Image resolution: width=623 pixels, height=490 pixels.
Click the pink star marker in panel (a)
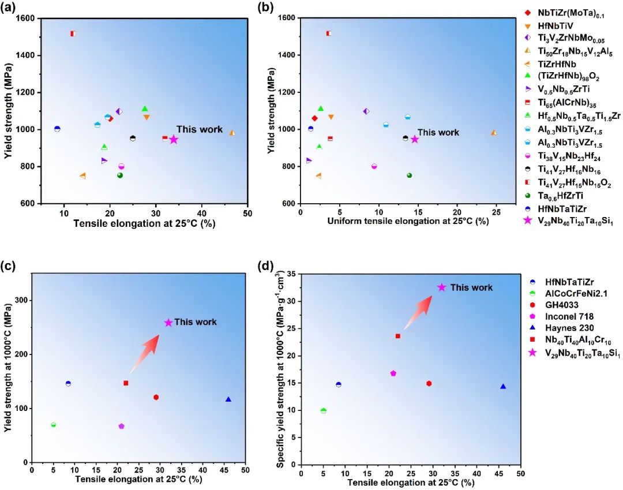[174, 139]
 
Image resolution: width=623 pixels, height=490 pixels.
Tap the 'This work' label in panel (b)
[438, 132]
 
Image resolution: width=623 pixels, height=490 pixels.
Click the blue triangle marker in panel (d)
[503, 387]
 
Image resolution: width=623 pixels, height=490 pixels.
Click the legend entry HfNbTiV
[554, 25]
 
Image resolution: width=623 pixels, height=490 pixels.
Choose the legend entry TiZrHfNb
[555, 65]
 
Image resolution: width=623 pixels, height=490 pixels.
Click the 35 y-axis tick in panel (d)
[291, 274]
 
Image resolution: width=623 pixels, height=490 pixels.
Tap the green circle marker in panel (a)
[120, 175]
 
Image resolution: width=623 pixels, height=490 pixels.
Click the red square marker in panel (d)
[398, 336]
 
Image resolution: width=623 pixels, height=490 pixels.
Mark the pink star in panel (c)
[168, 323]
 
